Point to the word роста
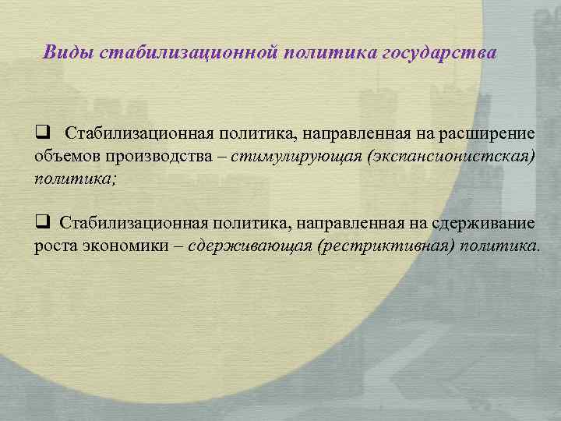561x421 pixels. pos(55,247)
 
